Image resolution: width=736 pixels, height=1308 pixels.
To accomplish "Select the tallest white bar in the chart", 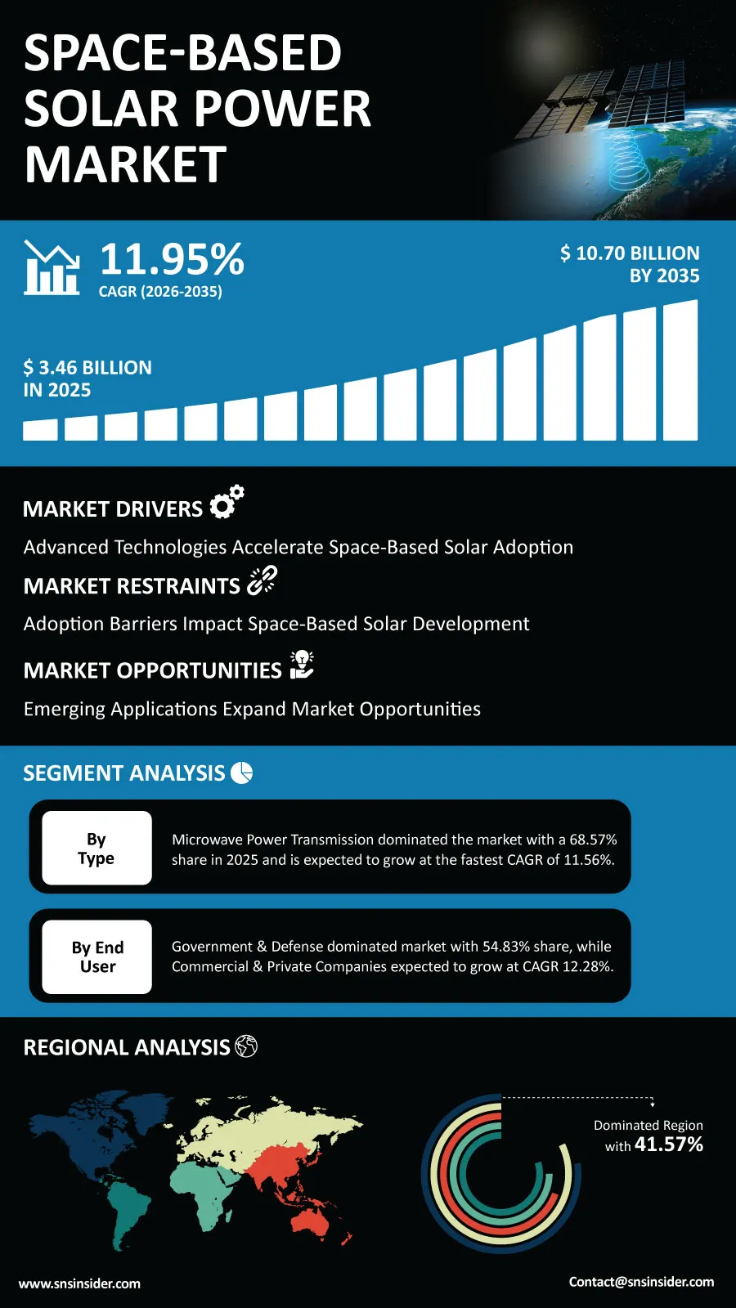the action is coord(680,370).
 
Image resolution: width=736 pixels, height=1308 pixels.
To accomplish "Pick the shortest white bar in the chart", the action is coord(40,430).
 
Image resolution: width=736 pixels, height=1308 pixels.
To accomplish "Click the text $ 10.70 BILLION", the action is coord(630,253).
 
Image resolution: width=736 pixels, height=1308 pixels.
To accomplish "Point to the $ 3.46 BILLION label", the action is coord(88,367).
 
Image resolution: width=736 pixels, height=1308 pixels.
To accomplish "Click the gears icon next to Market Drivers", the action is coord(227,501).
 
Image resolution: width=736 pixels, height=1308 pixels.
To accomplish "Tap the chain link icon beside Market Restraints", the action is coord(262,580).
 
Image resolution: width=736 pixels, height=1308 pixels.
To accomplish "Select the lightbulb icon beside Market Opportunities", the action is coord(302,665).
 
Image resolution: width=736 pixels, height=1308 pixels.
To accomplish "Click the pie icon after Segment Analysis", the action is coord(241,773).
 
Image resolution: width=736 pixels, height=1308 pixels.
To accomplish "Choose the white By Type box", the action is coord(97,848).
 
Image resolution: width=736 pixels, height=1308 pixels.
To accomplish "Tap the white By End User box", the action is coord(97,957).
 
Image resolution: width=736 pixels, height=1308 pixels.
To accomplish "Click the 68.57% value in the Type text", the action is coord(593,840).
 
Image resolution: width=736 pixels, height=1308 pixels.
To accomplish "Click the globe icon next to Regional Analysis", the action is coord(246,1046).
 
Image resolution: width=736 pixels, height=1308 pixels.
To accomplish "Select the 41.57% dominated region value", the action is coord(669,1144).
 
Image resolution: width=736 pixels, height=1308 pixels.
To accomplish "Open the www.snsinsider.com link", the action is coord(79,1283).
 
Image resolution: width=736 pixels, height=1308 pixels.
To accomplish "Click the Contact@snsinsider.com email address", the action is coord(641,1282).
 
